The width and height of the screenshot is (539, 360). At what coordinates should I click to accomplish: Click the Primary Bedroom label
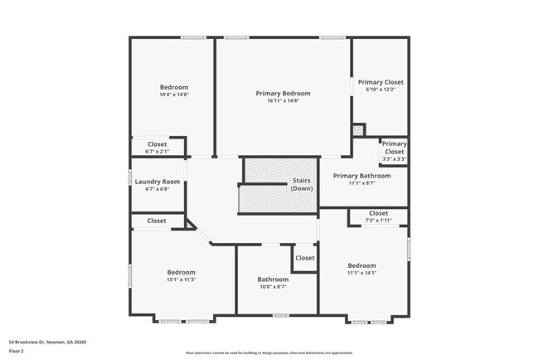point(283,94)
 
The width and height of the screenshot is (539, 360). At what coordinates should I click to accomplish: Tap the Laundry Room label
point(157,182)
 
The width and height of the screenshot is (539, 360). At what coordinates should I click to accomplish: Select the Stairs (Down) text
point(302,185)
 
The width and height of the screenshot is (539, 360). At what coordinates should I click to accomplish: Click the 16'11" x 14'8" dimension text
point(283,101)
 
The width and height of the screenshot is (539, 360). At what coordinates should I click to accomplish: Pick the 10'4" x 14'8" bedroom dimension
point(174,95)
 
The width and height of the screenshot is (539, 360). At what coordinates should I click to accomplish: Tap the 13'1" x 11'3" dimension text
point(181,280)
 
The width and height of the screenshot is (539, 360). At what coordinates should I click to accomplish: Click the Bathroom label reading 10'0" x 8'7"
point(272,280)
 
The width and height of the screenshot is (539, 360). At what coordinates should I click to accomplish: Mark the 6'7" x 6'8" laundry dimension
point(157,189)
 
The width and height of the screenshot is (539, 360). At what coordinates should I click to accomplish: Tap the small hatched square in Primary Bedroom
point(358,130)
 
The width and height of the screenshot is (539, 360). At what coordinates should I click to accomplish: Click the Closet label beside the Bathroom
point(304,258)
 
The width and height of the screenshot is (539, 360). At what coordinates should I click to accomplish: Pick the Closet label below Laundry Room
point(156,221)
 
